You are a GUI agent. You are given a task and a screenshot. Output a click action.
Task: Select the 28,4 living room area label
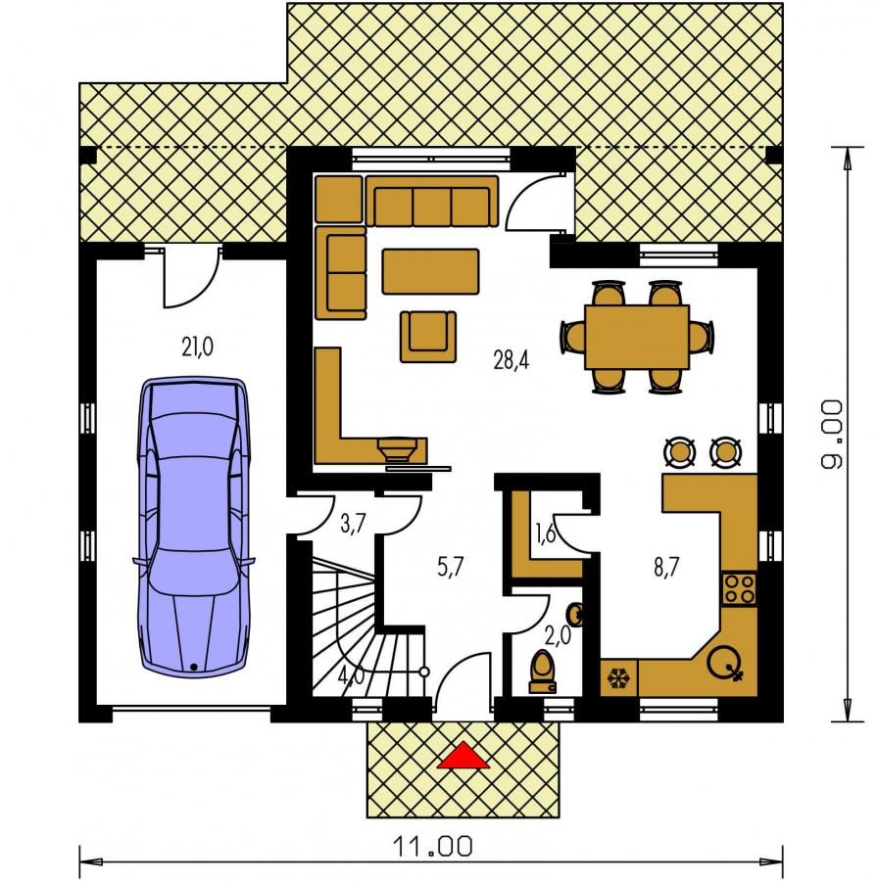(x=512, y=359)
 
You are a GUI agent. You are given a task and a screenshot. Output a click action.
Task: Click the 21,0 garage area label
(x=197, y=347)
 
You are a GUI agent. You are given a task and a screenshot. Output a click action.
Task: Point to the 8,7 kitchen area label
(x=666, y=567)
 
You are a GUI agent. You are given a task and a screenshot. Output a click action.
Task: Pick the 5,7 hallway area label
(x=451, y=567)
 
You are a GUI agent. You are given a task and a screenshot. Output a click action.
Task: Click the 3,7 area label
(x=353, y=524)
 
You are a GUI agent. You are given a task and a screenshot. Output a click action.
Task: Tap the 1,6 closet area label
(x=545, y=533)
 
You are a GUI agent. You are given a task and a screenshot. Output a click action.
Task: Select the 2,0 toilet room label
(x=558, y=635)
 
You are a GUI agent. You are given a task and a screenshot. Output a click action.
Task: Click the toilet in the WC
(x=543, y=672)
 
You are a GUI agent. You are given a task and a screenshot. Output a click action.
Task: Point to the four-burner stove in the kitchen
(x=739, y=588)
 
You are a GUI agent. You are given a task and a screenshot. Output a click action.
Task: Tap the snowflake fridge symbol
(x=618, y=678)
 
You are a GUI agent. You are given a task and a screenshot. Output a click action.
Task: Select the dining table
(x=637, y=337)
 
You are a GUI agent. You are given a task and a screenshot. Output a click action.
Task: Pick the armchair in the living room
(x=428, y=337)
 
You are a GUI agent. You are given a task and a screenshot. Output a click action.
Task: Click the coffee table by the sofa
(x=431, y=272)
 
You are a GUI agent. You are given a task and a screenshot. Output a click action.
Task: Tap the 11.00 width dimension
(x=432, y=846)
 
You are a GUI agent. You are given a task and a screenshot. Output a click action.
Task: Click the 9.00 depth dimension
(x=832, y=434)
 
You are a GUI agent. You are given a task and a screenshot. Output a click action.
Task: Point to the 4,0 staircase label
(x=352, y=675)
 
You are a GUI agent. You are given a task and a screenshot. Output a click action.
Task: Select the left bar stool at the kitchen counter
(x=679, y=451)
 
